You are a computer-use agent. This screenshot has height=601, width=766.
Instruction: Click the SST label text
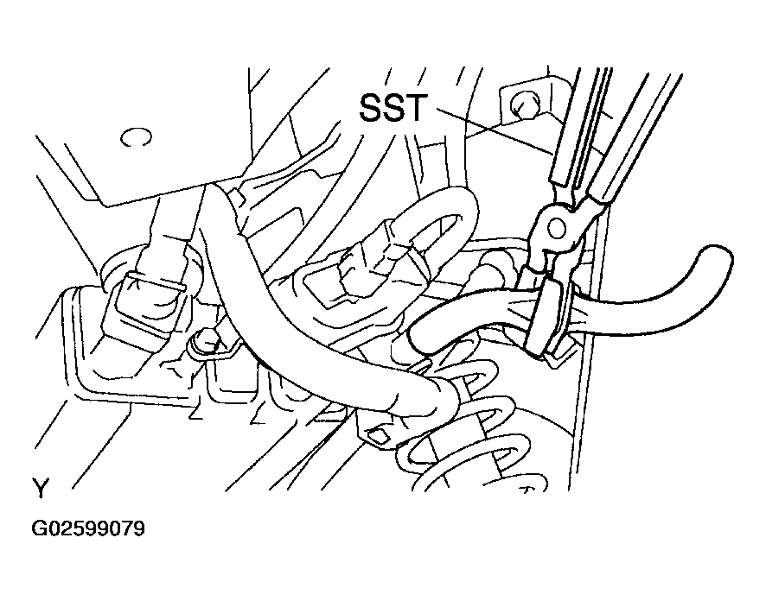(x=393, y=108)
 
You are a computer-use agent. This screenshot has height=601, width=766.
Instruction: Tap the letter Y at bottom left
(x=41, y=488)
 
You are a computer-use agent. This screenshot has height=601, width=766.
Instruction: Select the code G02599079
(x=88, y=528)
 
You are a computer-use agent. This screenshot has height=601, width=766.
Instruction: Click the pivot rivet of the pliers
(x=557, y=228)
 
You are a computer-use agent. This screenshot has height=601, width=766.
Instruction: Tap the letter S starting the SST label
(x=370, y=108)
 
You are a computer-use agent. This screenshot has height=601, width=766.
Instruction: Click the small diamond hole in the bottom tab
(x=380, y=435)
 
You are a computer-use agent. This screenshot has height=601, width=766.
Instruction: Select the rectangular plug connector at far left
(x=147, y=299)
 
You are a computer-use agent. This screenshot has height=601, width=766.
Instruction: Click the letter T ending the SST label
(x=417, y=108)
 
